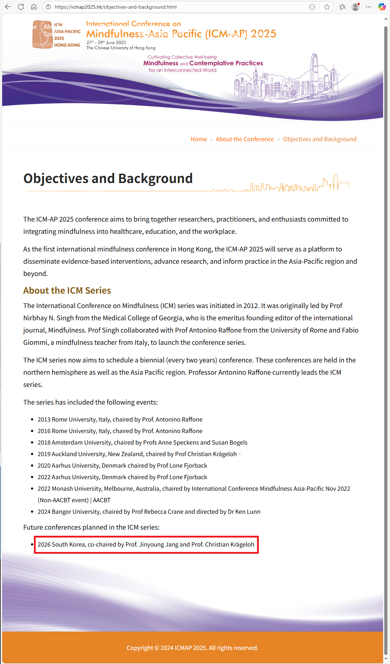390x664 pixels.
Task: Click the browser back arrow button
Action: pyautogui.click(x=8, y=7)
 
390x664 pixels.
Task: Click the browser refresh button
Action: pyautogui.click(x=21, y=7)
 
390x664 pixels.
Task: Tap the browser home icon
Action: pyautogui.click(x=34, y=7)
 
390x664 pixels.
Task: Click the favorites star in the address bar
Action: pyautogui.click(x=327, y=7)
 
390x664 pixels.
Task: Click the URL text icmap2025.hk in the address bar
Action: pyautogui.click(x=115, y=7)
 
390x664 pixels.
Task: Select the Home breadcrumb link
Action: pyautogui.click(x=199, y=139)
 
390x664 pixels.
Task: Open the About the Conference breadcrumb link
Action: pyautogui.click(x=245, y=139)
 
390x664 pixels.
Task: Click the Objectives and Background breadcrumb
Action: pyautogui.click(x=319, y=139)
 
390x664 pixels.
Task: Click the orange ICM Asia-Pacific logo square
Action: pyautogui.click(x=43, y=35)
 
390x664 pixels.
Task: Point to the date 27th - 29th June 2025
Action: pyautogui.click(x=106, y=43)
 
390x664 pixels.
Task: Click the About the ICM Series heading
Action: pyautogui.click(x=67, y=290)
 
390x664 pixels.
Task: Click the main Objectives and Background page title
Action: pyautogui.click(x=108, y=178)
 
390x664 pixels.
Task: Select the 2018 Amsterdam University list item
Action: pyautogui.click(x=142, y=442)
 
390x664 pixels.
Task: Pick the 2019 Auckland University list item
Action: pyautogui.click(x=137, y=454)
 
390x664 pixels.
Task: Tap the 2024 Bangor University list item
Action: pyautogui.click(x=149, y=512)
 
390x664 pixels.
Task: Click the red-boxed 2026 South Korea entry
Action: pyautogui.click(x=146, y=544)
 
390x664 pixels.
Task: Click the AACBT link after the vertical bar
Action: pyautogui.click(x=102, y=500)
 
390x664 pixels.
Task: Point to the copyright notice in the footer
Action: pyautogui.click(x=192, y=648)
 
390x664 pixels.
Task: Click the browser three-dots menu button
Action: pyautogui.click(x=368, y=7)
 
